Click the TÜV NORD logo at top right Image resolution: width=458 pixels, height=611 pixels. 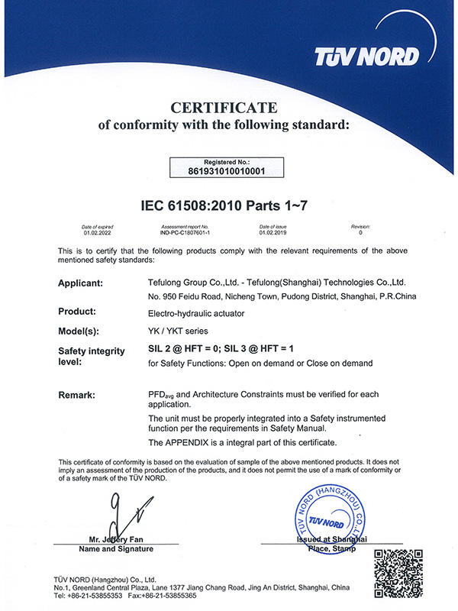tap(367, 56)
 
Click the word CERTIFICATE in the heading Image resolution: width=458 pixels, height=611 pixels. tap(224, 107)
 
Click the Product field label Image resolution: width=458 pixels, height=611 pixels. tap(77, 312)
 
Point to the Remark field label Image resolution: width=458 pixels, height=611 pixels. tap(77, 395)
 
